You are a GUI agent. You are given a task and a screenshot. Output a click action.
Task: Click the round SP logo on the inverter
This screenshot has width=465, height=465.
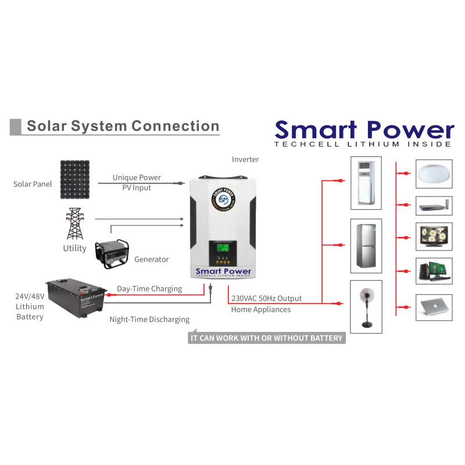click(x=221, y=199)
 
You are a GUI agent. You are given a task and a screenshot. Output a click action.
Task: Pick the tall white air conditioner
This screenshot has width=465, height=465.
click(x=366, y=183)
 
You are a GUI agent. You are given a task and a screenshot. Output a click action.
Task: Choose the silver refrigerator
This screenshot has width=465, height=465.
click(x=366, y=245)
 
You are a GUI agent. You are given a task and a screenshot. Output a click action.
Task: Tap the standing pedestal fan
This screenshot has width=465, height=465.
click(x=366, y=306)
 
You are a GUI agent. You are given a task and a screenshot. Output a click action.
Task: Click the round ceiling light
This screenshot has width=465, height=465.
click(x=433, y=174)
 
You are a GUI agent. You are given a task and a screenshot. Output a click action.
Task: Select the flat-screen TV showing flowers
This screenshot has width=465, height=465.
click(x=433, y=236)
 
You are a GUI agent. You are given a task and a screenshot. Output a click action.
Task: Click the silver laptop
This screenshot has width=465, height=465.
click(x=433, y=307)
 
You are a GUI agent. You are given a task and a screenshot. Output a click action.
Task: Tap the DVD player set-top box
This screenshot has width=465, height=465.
click(x=433, y=205)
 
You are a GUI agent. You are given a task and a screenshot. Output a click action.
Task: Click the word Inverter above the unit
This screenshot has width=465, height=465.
click(x=245, y=159)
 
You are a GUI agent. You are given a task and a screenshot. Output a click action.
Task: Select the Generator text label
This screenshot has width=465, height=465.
click(x=151, y=259)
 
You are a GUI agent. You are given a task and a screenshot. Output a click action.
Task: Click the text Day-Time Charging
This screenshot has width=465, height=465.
click(x=149, y=289)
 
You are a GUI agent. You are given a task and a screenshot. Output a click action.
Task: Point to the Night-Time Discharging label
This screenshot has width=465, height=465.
click(x=149, y=319)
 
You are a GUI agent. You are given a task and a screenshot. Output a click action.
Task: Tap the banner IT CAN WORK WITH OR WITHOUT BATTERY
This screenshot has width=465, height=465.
click(x=267, y=338)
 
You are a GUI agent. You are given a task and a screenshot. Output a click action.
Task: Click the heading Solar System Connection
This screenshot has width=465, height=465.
click(x=123, y=126)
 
